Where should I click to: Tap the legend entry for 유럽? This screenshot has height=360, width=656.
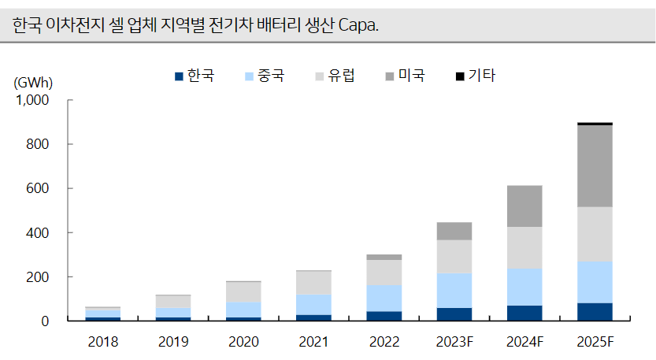coord(335,76)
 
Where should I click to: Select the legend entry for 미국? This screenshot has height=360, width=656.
coord(406,76)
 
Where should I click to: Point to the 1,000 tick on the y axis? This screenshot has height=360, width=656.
coord(32,100)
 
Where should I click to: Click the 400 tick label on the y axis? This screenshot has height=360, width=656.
coord(38,233)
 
